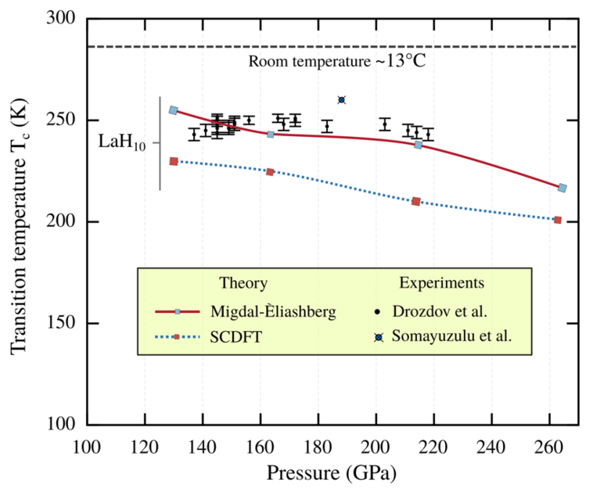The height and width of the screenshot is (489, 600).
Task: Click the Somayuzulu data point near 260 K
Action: [x=342, y=100]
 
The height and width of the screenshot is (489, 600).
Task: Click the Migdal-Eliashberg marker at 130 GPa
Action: [x=174, y=110]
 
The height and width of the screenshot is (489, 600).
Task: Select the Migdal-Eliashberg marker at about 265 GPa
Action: [x=562, y=188]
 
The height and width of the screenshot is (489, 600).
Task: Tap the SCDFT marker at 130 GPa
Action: [x=174, y=161]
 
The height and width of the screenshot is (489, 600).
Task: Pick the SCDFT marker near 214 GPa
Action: [x=416, y=201]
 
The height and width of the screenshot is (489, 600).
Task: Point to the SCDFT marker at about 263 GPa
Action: [x=558, y=220]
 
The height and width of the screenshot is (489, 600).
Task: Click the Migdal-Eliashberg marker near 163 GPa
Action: [x=271, y=135]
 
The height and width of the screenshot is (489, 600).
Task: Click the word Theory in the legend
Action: [x=243, y=283]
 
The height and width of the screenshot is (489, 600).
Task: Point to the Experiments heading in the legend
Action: [x=441, y=283]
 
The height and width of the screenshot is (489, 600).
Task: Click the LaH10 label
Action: [x=122, y=143]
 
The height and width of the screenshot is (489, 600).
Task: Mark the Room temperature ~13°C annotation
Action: [x=337, y=61]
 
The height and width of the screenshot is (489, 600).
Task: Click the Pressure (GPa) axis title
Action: [x=332, y=473]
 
